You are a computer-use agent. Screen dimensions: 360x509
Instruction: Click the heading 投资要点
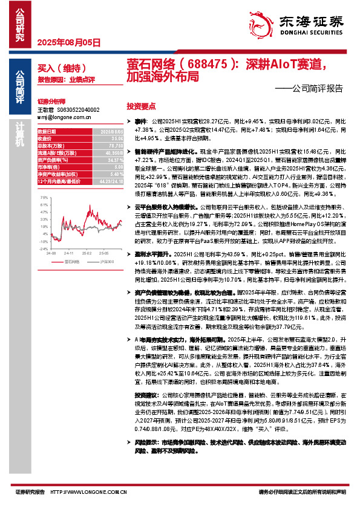(141, 105)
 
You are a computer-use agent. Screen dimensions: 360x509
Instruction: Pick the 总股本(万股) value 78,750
(114, 146)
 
